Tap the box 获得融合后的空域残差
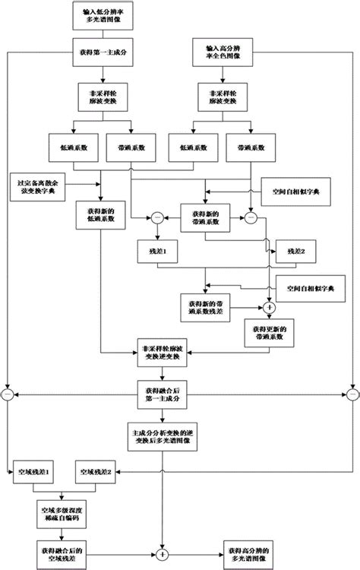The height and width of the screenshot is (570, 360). [65, 551]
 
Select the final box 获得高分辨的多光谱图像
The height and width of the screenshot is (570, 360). [252, 551]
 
